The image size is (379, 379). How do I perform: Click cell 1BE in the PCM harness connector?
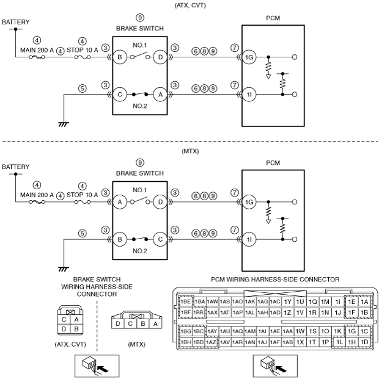click(x=186, y=301)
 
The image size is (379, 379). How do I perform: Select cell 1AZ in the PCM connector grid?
click(x=211, y=342)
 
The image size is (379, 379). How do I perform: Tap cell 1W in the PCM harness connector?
click(x=300, y=331)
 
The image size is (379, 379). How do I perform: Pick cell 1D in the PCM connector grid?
click(x=364, y=342)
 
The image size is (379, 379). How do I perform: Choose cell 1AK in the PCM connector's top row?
click(x=249, y=301)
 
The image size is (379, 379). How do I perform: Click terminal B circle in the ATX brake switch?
click(x=120, y=57)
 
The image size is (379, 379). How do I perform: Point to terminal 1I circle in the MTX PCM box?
click(x=249, y=239)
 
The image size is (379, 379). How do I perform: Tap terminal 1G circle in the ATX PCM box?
click(x=249, y=57)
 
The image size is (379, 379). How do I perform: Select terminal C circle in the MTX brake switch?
click(x=160, y=239)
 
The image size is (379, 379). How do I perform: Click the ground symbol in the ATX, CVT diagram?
click(x=64, y=125)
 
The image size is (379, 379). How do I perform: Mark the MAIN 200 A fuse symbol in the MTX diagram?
click(x=37, y=202)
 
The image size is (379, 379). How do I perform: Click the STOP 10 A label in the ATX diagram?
click(x=83, y=50)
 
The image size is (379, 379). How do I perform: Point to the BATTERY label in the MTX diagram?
click(x=15, y=167)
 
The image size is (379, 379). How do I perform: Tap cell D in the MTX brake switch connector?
click(x=118, y=323)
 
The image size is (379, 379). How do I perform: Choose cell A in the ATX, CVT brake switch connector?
click(x=76, y=320)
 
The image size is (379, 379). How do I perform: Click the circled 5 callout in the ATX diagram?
click(x=83, y=88)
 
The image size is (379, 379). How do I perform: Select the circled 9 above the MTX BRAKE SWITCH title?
click(x=140, y=163)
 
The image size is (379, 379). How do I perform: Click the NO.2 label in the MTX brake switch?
click(x=140, y=251)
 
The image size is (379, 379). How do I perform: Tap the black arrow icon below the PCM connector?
click(x=281, y=369)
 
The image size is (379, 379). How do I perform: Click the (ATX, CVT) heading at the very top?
click(x=190, y=5)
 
